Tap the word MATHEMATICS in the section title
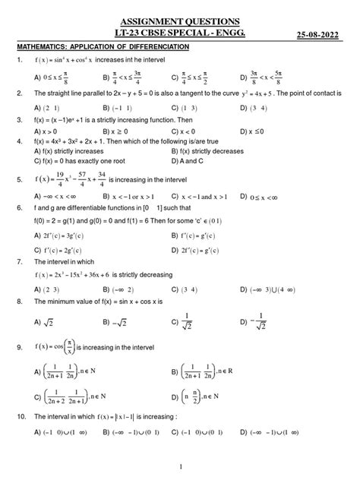[44, 47]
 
